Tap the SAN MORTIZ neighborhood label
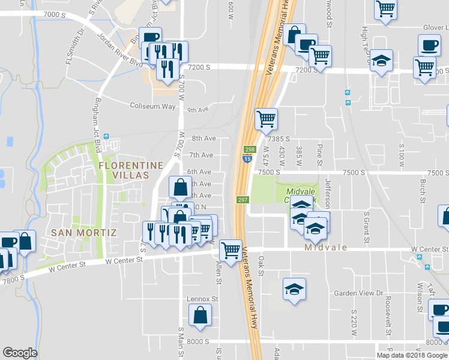(83, 232)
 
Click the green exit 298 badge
(250, 149)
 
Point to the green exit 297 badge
(243, 200)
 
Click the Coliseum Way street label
(152, 106)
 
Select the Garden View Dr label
(358, 293)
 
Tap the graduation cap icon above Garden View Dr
(294, 289)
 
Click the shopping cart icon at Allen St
(231, 250)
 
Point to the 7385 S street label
(279, 139)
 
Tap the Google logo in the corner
(20, 353)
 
